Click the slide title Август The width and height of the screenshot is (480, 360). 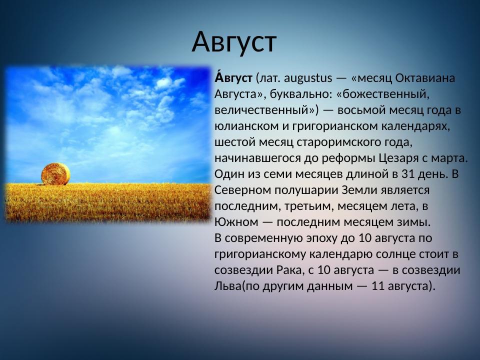[233, 42]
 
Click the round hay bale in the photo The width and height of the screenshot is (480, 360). [55, 173]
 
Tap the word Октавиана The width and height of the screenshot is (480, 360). [425, 78]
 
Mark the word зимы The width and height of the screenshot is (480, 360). [415, 222]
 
